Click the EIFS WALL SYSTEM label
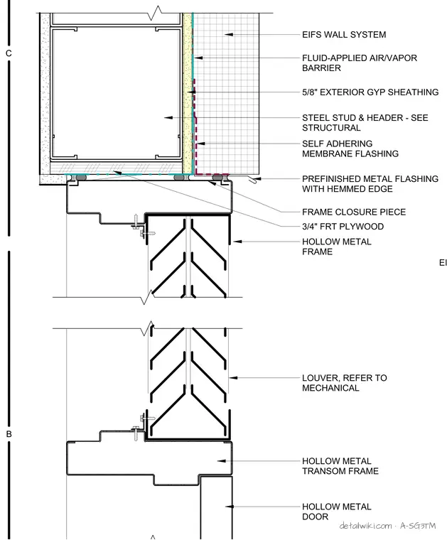coord(344,34)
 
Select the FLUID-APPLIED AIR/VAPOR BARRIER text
coord(360,63)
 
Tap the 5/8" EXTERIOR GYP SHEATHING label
coord(370,92)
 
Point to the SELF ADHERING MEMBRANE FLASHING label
coord(350,148)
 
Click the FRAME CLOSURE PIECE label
coord(354,212)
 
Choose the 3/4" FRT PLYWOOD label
coord(343,226)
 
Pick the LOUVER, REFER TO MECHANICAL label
coord(345,382)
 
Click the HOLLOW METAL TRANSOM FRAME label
coord(340,465)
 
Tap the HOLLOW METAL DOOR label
coord(336,512)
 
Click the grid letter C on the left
coord(9,53)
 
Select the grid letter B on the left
coord(9,434)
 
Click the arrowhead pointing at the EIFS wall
coord(229,34)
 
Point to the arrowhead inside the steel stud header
coord(168,118)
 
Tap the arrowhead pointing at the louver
coord(233,378)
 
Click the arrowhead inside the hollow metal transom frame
coord(222,461)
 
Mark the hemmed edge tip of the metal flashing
coord(254,181)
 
